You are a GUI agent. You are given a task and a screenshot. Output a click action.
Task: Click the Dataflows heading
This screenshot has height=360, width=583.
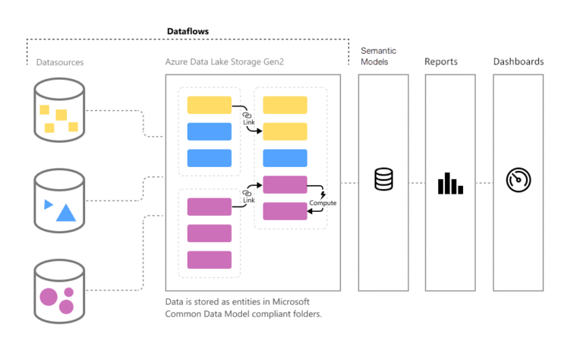(x=188, y=31)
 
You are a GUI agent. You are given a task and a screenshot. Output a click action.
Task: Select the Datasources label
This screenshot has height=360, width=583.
(x=60, y=62)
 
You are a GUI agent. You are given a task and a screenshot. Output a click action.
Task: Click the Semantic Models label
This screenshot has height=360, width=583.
(x=378, y=56)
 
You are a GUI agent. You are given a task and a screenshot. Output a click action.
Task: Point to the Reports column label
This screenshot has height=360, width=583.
(x=441, y=62)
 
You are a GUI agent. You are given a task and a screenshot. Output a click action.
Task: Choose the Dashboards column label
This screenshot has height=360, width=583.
(x=518, y=62)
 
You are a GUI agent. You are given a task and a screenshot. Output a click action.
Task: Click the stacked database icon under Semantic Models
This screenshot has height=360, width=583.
(x=384, y=180)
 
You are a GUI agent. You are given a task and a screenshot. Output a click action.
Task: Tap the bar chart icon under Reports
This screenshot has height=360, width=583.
(x=449, y=183)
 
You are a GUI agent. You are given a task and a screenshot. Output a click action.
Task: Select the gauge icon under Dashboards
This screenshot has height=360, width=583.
(x=518, y=180)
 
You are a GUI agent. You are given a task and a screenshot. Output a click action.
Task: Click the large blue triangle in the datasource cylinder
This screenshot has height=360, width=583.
(x=66, y=213)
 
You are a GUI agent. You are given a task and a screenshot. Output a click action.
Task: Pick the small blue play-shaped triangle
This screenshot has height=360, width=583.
(x=49, y=204)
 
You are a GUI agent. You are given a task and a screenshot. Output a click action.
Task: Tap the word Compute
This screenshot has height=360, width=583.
(x=323, y=204)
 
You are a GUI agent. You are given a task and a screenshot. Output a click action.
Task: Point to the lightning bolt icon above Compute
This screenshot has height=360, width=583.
(x=323, y=194)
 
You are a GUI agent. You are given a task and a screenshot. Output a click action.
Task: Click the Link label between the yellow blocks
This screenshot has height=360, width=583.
(x=248, y=122)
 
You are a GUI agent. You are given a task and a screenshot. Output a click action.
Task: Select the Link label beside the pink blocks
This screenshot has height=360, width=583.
(x=248, y=200)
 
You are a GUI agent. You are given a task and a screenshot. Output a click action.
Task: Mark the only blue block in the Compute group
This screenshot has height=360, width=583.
(x=285, y=158)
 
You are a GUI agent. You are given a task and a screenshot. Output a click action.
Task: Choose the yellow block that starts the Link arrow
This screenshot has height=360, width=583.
(x=209, y=105)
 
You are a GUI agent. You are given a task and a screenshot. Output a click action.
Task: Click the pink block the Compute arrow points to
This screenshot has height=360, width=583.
(x=285, y=211)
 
